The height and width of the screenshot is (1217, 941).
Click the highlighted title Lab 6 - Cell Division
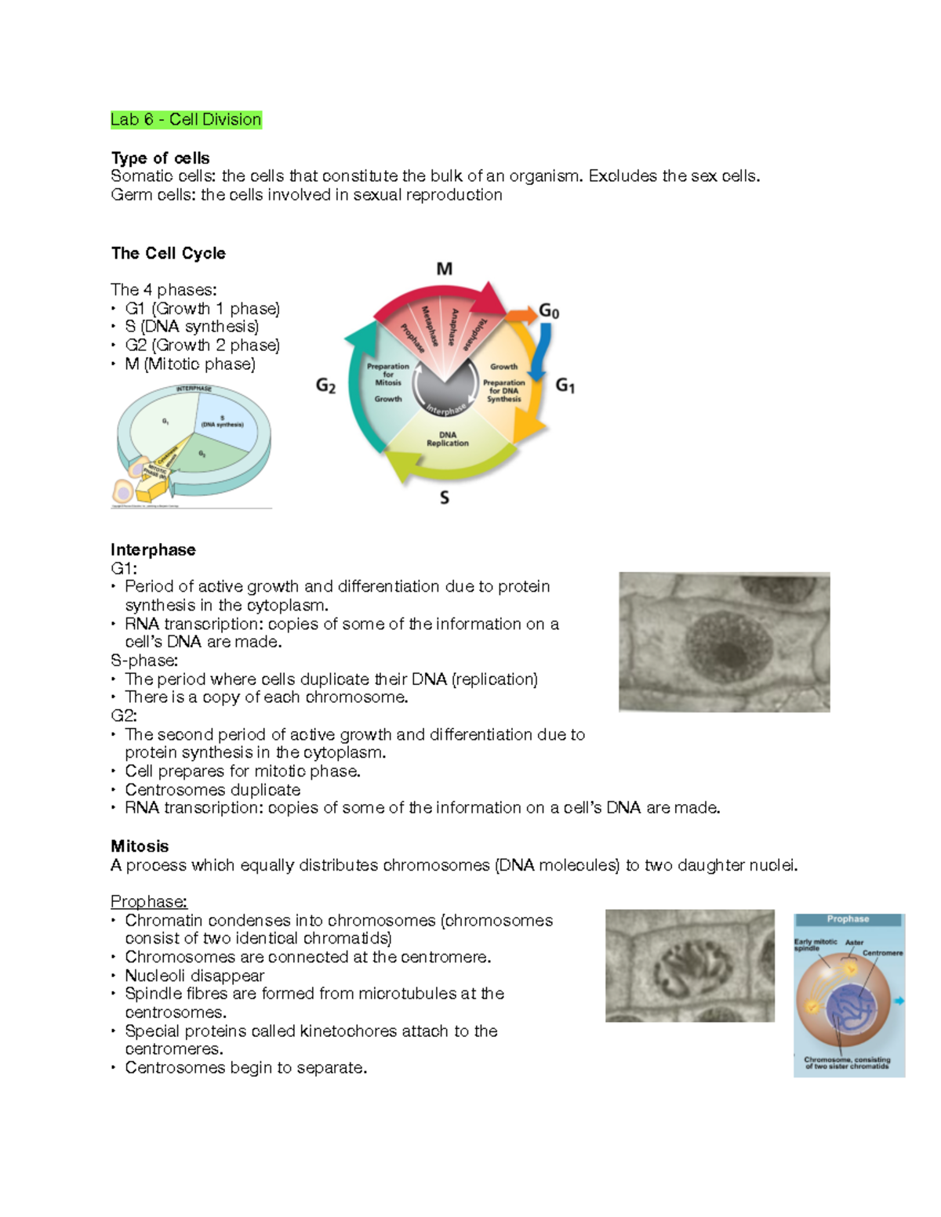186,120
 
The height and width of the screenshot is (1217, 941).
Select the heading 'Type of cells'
160,158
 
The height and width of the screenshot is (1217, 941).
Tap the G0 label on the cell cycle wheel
549,312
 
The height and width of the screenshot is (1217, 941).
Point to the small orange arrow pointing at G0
520,316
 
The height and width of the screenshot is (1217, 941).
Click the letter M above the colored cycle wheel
445,269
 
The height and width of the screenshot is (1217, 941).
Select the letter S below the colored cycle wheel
445,498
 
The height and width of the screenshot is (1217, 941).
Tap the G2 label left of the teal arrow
325,386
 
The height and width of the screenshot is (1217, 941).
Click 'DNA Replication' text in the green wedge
447,439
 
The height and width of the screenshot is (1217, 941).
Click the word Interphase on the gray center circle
445,408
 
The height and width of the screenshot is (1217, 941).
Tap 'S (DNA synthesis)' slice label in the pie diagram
222,422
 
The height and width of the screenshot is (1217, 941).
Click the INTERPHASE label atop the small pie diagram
193,389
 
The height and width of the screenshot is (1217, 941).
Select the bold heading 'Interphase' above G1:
153,550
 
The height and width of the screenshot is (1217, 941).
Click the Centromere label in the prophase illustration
882,953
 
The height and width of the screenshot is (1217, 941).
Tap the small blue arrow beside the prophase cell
899,1001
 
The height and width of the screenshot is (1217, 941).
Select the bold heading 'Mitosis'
140,846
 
